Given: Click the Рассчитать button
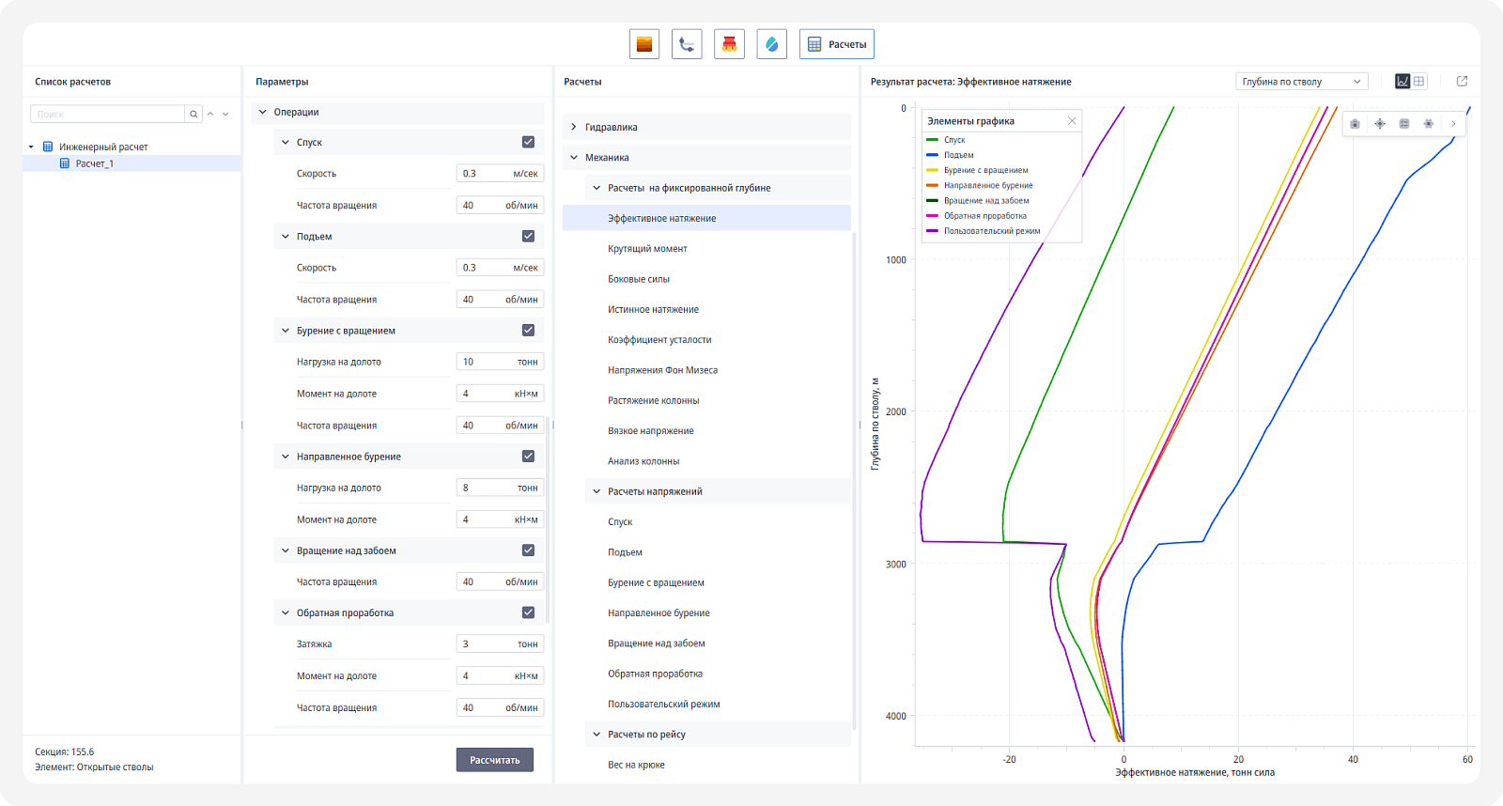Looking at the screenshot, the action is pyautogui.click(x=494, y=760).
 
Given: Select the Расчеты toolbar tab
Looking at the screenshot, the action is pyautogui.click(x=836, y=44).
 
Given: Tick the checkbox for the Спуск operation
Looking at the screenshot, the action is pyautogui.click(x=528, y=142).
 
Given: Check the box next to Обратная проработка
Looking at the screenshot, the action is pyautogui.click(x=528, y=612).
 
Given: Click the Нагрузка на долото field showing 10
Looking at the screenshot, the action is pyautogui.click(x=499, y=362).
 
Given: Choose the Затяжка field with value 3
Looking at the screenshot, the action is pyautogui.click(x=499, y=643).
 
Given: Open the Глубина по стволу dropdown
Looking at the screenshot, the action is pyautogui.click(x=1301, y=81).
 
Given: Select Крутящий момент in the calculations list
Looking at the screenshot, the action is pyautogui.click(x=647, y=248).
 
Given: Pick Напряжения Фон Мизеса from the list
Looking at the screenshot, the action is pyautogui.click(x=662, y=370).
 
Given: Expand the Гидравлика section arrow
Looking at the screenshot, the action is pyautogui.click(x=574, y=127).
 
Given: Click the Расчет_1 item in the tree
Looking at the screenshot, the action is pyautogui.click(x=95, y=163).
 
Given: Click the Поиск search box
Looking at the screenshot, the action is pyautogui.click(x=107, y=114).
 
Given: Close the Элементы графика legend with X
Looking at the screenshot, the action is pyautogui.click(x=1072, y=121).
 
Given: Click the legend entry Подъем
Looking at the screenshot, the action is pyautogui.click(x=958, y=154).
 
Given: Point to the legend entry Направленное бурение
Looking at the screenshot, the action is pyautogui.click(x=987, y=185).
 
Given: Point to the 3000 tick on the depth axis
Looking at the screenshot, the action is pyautogui.click(x=895, y=564).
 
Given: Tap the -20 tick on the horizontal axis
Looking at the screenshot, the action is pyautogui.click(x=1009, y=759).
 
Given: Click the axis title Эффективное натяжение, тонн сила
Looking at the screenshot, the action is pyautogui.click(x=1194, y=772).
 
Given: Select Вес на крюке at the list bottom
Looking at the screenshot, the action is pyautogui.click(x=636, y=765).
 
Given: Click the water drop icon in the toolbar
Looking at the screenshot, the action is pyautogui.click(x=771, y=44).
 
